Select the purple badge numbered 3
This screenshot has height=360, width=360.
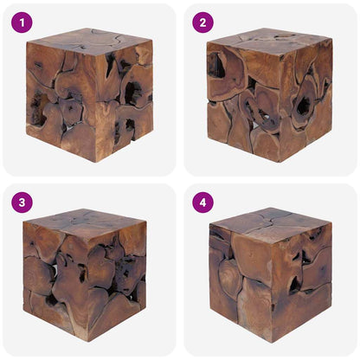[x=22, y=202]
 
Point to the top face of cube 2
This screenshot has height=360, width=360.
[x=268, y=38]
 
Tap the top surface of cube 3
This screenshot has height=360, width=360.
[x=85, y=222]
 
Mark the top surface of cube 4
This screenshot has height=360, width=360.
[x=270, y=222]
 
